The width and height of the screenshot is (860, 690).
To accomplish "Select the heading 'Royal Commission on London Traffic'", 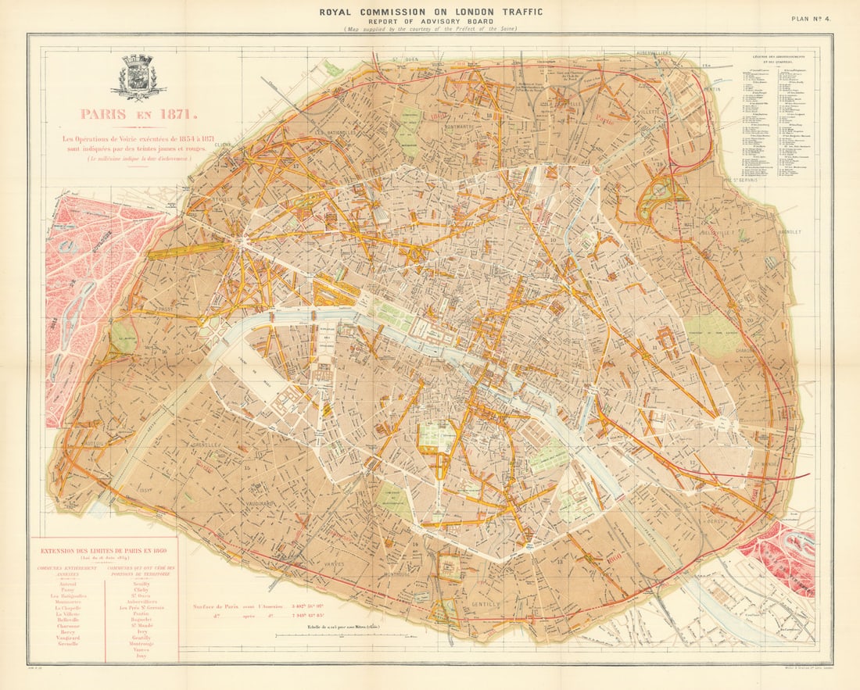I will [429, 11].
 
